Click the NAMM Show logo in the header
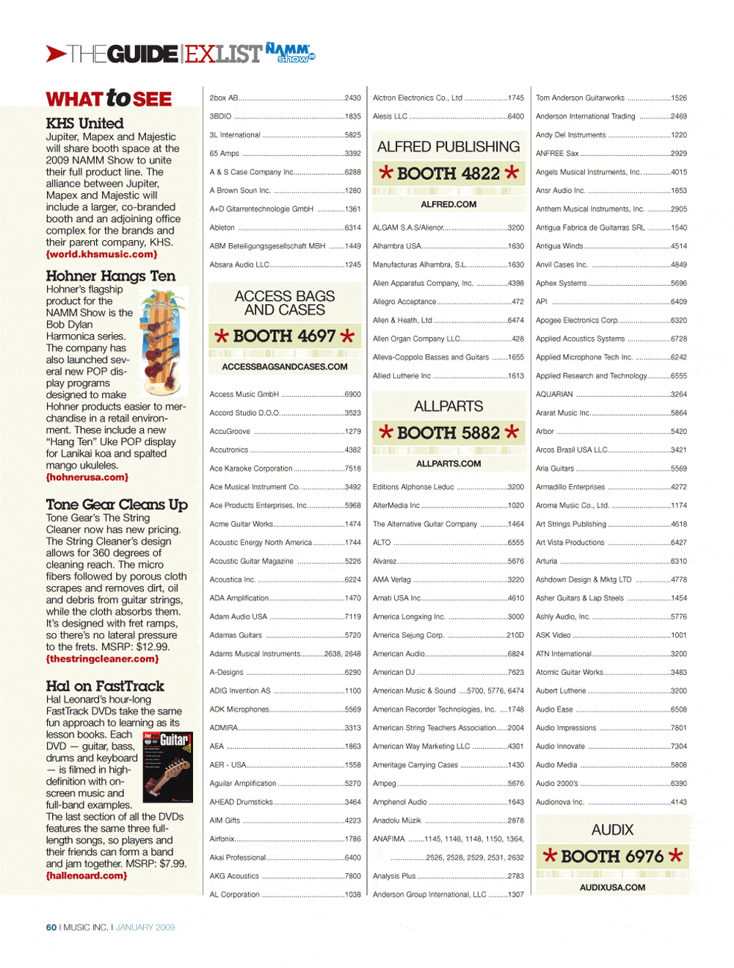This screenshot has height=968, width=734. [x=290, y=52]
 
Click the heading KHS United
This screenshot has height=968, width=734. [x=84, y=123]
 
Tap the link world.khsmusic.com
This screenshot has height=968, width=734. [x=101, y=254]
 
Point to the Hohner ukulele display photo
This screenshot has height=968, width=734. [x=163, y=342]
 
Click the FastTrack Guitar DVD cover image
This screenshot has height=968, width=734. [x=167, y=766]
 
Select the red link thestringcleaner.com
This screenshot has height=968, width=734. [x=102, y=659]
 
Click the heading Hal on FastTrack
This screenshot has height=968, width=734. [x=105, y=686]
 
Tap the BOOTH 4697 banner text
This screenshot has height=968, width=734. [x=284, y=336]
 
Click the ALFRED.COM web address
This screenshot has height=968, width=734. [x=448, y=204]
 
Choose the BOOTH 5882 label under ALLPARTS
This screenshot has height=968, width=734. [x=448, y=433]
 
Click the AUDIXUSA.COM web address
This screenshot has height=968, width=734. [x=612, y=887]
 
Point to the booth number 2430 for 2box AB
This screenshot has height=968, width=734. [x=353, y=98]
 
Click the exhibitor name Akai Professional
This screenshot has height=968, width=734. [x=238, y=857]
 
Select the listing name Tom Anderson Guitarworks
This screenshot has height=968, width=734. [x=580, y=98]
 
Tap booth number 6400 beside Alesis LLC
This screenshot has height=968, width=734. [x=516, y=116]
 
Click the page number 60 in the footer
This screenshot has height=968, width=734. [x=51, y=928]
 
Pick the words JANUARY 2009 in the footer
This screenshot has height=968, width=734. [x=145, y=928]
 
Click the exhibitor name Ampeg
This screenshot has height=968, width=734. [x=384, y=784]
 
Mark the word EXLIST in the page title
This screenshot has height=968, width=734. [x=223, y=54]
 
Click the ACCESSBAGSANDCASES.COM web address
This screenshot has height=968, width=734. [x=285, y=366]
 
